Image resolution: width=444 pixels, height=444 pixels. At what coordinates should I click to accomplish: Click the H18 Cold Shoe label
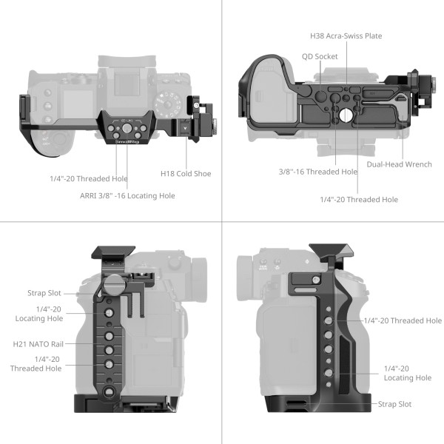pos(186,174)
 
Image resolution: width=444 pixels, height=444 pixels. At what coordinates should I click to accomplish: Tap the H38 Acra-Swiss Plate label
pos(346,36)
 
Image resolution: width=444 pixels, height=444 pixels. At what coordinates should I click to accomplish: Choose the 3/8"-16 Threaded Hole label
pos(318,172)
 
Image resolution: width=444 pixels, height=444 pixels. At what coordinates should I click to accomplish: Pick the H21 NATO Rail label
pos(37,343)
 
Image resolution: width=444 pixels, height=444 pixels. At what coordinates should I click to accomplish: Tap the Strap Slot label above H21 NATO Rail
pos(44,294)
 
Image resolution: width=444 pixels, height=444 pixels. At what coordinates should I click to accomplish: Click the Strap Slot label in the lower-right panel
pos(394,404)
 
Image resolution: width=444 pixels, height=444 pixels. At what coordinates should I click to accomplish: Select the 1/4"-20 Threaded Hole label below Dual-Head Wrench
pos(359,199)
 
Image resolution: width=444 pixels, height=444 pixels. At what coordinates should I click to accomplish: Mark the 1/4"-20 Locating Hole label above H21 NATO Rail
pos(38,313)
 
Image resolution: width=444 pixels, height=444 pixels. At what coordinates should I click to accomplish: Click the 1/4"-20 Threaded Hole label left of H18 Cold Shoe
pos(89,178)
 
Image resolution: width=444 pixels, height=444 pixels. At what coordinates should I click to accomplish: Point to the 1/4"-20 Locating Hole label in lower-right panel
pos(407,373)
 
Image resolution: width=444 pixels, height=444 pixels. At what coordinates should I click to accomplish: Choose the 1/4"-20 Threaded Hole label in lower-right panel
pos(403,320)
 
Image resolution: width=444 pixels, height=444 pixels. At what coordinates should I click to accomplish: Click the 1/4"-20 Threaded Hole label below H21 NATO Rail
pos(36,363)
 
